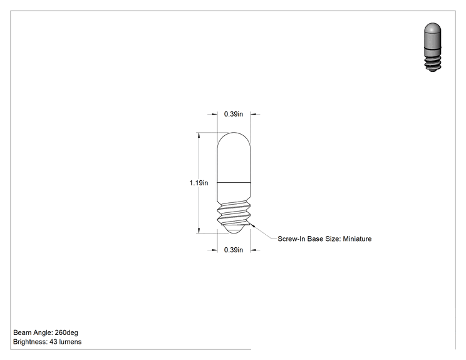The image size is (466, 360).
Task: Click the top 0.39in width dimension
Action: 233,114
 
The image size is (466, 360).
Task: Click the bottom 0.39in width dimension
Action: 233,250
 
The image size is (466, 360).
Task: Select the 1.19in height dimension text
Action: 199,183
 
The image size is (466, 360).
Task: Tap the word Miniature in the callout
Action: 357,239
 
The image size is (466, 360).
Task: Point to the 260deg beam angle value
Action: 66,332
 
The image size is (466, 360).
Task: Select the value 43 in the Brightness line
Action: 53,342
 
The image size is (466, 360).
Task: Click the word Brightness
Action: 30,342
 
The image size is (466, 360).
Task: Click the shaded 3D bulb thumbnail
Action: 432,47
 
